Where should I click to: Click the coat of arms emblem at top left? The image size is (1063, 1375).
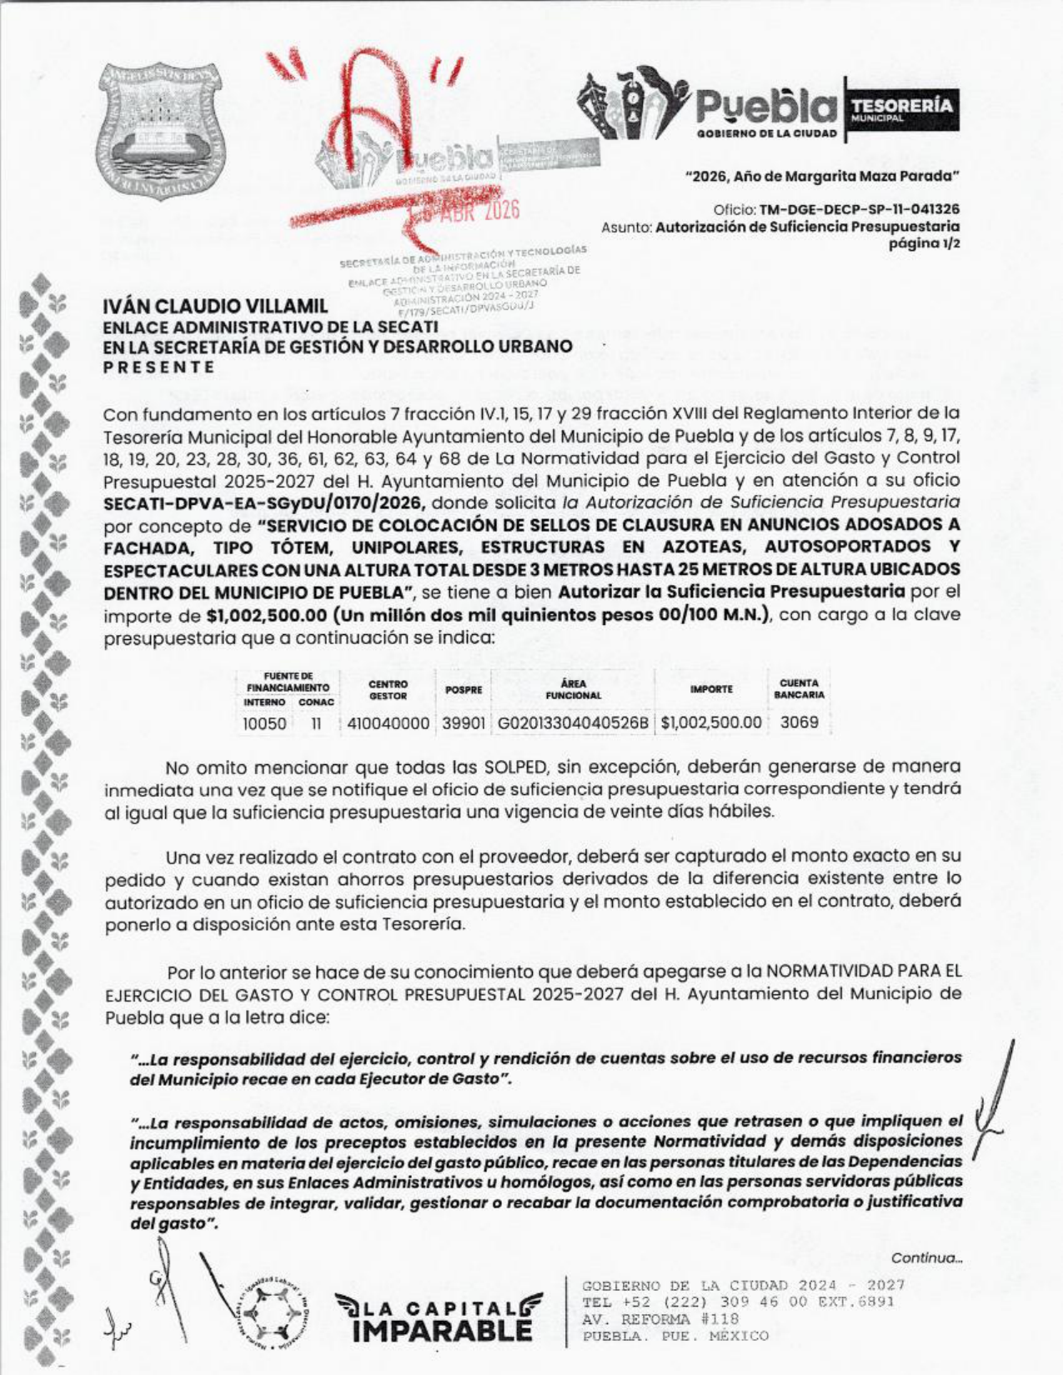[x=162, y=132]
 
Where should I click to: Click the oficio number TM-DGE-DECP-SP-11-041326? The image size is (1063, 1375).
[x=860, y=209]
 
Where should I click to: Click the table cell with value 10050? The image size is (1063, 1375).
[x=264, y=723]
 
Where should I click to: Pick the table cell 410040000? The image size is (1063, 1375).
[x=388, y=723]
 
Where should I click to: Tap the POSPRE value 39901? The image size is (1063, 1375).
[x=463, y=723]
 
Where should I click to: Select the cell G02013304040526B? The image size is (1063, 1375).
[x=573, y=723]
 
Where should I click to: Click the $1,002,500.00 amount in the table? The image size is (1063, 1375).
[x=711, y=723]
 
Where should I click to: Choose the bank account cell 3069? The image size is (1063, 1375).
[x=799, y=722]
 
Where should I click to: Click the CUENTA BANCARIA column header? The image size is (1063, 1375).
[x=799, y=689]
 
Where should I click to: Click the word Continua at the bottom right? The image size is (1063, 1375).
[x=926, y=1257]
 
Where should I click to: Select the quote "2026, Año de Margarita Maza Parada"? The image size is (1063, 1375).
[x=822, y=177]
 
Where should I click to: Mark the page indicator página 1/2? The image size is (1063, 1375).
[x=925, y=242]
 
